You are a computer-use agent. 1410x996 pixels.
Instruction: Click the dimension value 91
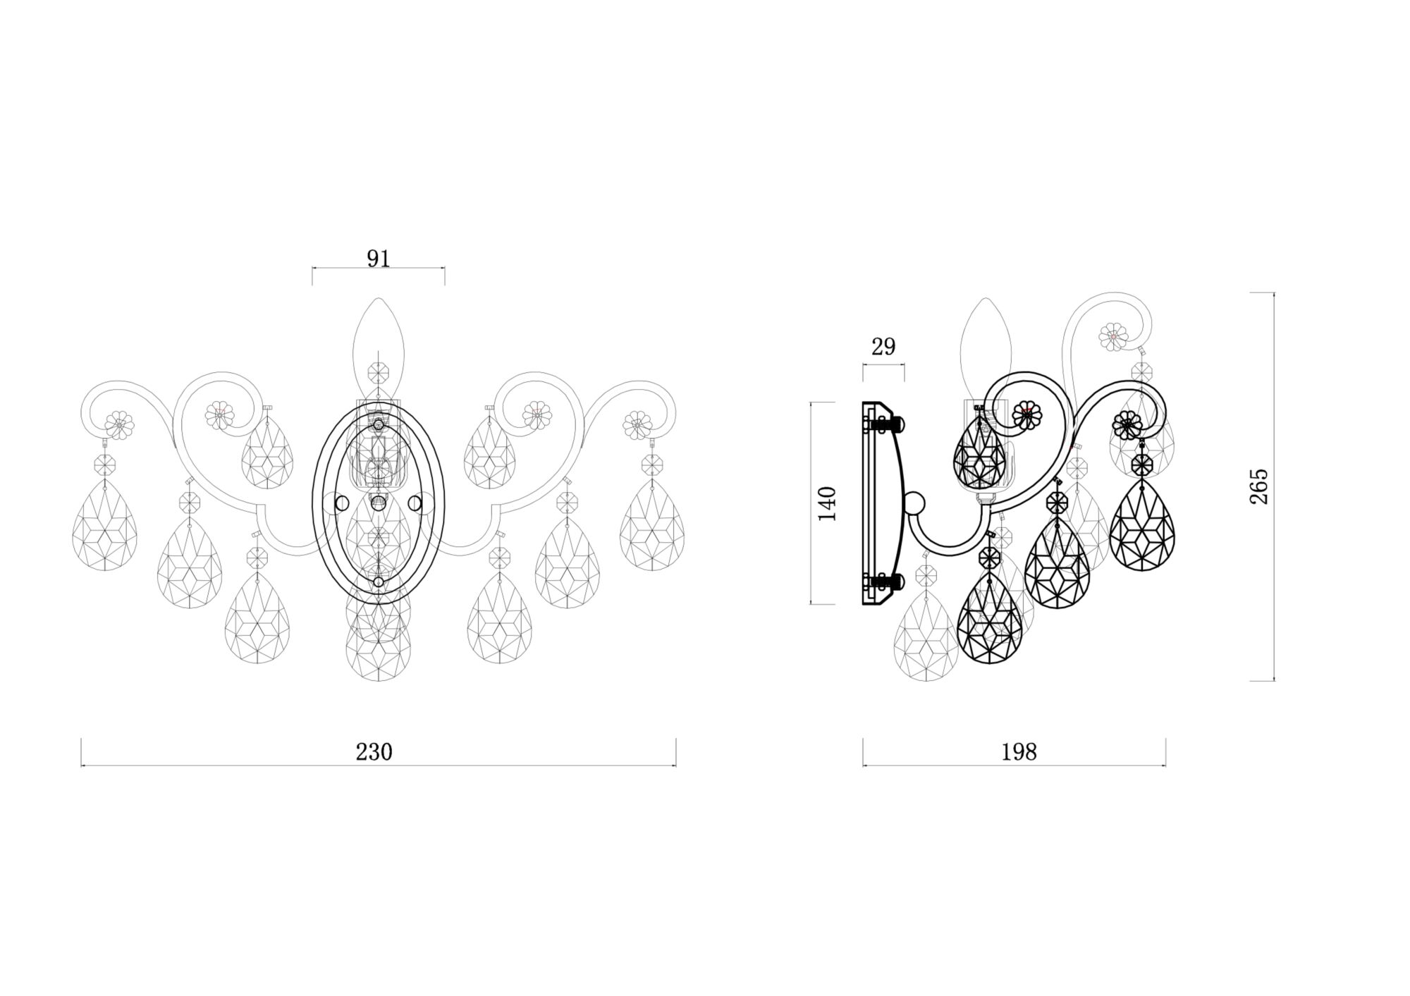tap(379, 259)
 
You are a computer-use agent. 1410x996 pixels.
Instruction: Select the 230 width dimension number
tap(374, 752)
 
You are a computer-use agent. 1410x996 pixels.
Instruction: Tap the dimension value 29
tap(883, 347)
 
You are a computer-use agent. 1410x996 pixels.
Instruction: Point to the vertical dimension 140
tap(827, 503)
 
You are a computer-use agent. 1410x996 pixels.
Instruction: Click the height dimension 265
tap(1259, 486)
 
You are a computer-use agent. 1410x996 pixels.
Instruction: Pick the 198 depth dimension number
tap(1019, 752)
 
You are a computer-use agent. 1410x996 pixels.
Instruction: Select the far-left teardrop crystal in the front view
tap(105, 525)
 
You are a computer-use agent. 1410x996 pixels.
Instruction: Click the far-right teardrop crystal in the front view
tap(652, 525)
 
